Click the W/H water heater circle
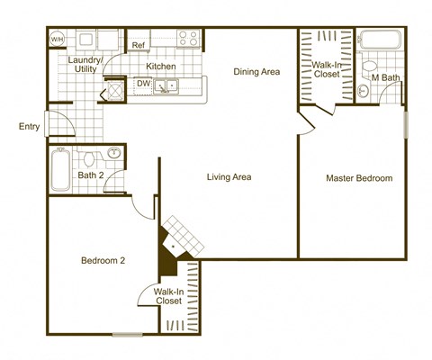57,40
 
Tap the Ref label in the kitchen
139,45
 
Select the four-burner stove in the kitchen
189,39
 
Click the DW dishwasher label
143,84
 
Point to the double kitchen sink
167,86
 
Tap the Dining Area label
256,72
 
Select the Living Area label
228,177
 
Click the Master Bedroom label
359,178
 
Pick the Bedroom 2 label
103,260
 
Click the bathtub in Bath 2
60,169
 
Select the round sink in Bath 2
113,154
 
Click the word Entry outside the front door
29,127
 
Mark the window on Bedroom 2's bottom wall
127,335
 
